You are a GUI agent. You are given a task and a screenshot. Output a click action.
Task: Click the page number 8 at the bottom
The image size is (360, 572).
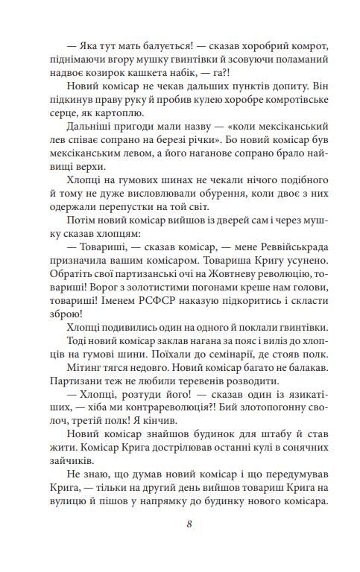tap(190, 523)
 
